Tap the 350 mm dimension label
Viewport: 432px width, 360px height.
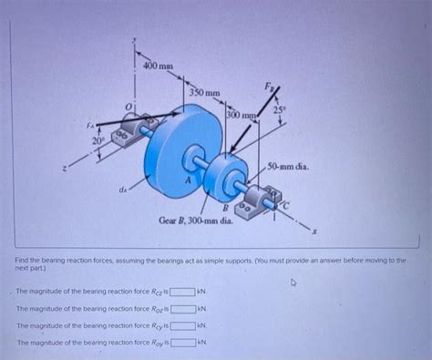204,93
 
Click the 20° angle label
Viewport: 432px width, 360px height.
98,141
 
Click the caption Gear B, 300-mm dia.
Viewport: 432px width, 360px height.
195,220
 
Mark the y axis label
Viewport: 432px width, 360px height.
134,41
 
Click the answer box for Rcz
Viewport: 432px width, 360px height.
182,293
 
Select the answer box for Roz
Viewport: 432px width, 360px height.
183,309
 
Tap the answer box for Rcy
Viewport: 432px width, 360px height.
182,325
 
